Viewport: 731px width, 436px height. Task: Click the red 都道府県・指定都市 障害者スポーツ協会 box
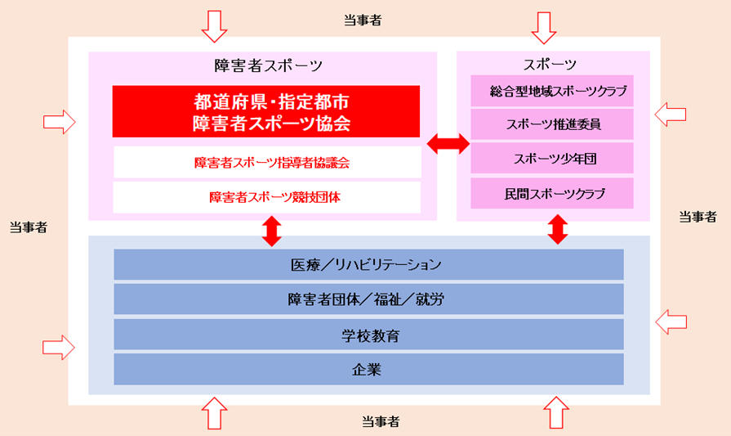[266, 111]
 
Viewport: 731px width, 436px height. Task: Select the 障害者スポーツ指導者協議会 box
[267, 162]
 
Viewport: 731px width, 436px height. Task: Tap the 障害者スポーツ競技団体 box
[267, 197]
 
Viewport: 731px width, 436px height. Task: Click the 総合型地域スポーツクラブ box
[552, 91]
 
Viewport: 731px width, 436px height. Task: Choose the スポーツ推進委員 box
[552, 124]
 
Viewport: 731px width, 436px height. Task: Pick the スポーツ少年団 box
[552, 158]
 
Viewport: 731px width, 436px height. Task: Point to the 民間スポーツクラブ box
[552, 193]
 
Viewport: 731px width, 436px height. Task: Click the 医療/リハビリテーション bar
[368, 264]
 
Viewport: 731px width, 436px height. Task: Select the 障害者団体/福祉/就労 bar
[368, 299]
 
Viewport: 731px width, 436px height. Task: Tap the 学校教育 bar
[368, 335]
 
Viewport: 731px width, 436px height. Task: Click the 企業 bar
[368, 369]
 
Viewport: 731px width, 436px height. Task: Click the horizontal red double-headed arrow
[448, 143]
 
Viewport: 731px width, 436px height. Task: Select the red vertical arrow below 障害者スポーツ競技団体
[272, 231]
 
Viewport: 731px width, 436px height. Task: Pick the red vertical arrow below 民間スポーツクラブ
[558, 229]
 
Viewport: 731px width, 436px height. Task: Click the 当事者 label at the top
[363, 20]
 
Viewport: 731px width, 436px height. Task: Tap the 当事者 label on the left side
[29, 227]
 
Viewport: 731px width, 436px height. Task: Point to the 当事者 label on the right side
[698, 217]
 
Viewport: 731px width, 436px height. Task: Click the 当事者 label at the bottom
[381, 421]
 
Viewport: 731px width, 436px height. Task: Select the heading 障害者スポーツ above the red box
[268, 65]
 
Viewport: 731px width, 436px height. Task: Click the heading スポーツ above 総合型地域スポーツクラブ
[550, 64]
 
